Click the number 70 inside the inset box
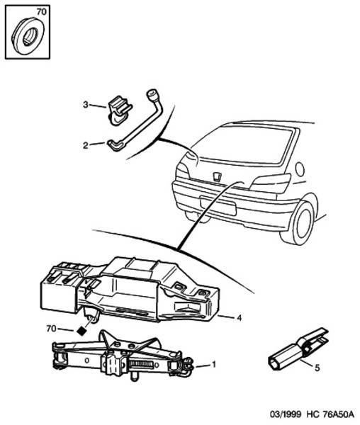click(42, 12)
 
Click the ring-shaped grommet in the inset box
click(29, 36)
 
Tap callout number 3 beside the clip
click(86, 104)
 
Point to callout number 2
click(86, 145)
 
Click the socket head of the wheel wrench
click(152, 96)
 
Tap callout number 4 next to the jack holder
click(239, 317)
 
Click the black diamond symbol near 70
click(82, 331)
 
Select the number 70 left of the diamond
click(51, 329)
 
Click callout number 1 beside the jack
click(214, 365)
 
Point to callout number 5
click(317, 368)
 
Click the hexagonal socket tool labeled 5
click(298, 349)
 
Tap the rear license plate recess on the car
click(218, 205)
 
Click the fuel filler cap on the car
click(300, 169)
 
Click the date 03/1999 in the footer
click(286, 414)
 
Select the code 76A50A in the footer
click(338, 414)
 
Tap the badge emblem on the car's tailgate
click(217, 176)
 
